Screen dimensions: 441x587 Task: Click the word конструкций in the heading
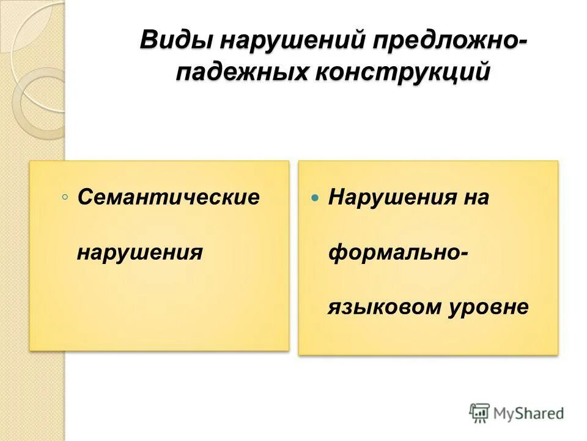(403, 72)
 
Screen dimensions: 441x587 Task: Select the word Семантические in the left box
(168, 197)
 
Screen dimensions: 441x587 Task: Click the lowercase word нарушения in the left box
(139, 252)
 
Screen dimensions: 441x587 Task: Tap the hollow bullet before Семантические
(65, 197)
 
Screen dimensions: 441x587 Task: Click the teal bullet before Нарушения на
(315, 198)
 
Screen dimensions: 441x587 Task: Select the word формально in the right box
(391, 252)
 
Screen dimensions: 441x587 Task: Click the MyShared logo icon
(480, 413)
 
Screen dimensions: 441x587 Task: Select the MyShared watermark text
(528, 413)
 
